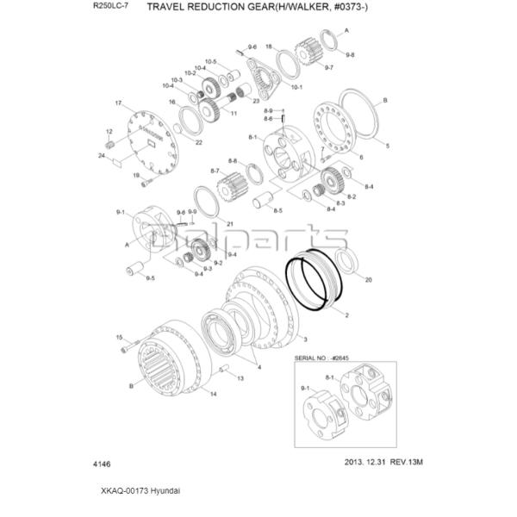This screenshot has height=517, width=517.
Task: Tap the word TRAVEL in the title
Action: [171, 8]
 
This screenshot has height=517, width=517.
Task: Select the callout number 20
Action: [369, 281]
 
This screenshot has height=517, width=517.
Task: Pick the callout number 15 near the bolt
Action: [120, 337]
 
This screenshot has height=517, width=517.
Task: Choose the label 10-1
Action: [296, 88]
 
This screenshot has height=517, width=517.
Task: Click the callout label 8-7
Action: [215, 171]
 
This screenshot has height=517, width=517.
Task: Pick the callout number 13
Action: [240, 377]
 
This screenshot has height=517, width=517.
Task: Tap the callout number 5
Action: [387, 146]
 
